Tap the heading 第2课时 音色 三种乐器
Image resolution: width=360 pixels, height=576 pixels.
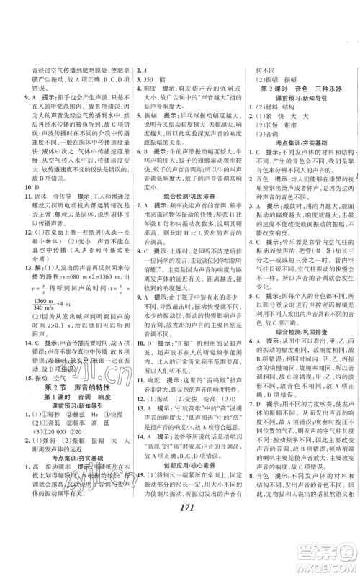pos(294,88)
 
